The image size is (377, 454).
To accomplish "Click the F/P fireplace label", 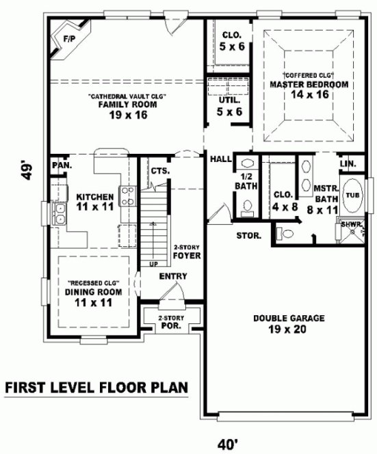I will pos(68,39).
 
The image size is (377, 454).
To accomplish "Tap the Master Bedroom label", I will pos(309,84).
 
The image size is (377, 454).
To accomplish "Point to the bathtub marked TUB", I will pos(352,194).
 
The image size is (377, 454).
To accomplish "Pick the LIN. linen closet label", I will pos(348,164).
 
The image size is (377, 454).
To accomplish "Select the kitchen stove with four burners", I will pos(127,196).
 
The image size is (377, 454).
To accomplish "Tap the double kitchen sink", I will pos(59,214).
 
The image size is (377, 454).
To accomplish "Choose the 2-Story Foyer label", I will pos(186,252).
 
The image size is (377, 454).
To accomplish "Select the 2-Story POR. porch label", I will pos(167,321).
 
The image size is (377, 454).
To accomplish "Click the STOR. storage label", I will pos(248,236).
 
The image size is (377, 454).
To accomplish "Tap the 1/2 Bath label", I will pos(245,181).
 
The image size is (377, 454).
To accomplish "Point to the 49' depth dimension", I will pos(27,170).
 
